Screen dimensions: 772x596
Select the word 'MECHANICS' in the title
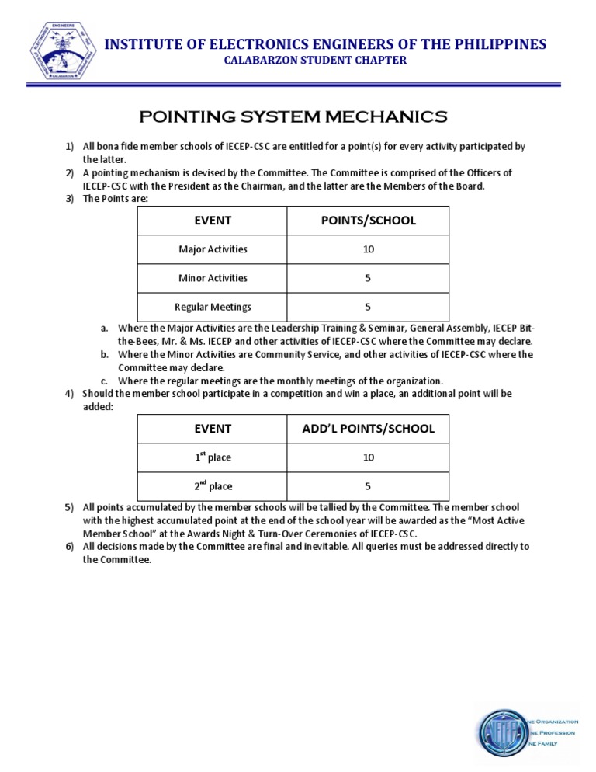tap(381, 117)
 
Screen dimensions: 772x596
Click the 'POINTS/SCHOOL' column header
tap(368, 221)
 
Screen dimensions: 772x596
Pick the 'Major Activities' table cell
tap(213, 249)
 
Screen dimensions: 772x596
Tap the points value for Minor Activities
tap(368, 278)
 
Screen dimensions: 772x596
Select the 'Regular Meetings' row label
tap(213, 307)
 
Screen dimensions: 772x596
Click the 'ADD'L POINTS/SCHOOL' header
tap(368, 429)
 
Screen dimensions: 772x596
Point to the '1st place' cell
tap(213, 457)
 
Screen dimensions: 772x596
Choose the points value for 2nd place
tap(368, 486)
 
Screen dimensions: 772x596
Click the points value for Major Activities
tap(368, 249)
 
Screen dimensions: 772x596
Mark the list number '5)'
tap(69, 508)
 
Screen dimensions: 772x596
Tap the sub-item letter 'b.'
tap(104, 355)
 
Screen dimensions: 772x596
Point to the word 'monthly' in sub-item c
tap(282, 381)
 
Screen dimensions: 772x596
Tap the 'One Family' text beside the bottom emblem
tap(554, 743)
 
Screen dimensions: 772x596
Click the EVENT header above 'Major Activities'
tap(213, 221)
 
